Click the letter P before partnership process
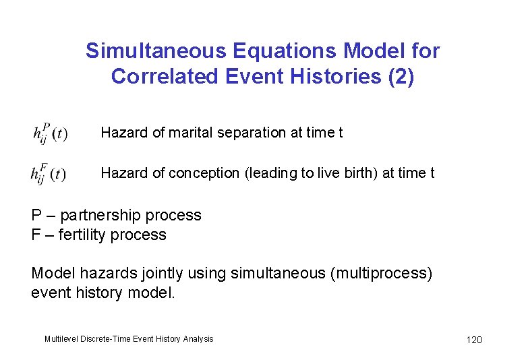coord(36,216)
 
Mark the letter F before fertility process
coord(36,235)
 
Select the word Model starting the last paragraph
coord(51,274)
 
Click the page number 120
coord(474,340)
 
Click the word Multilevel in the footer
coord(62,339)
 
